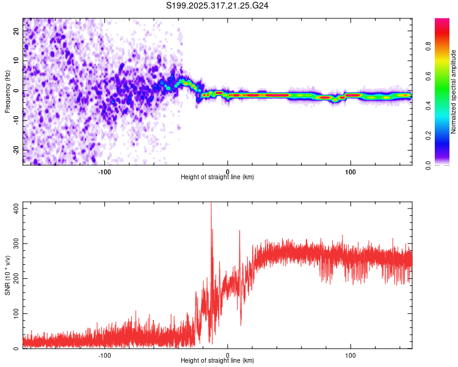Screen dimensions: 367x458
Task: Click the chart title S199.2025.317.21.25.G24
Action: click(218, 6)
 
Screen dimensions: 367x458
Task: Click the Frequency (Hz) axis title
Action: click(7, 92)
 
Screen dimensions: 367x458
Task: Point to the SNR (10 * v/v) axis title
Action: click(7, 275)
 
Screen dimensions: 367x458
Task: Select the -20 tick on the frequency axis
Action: click(15, 150)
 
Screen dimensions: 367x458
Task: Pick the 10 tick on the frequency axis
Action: click(16, 61)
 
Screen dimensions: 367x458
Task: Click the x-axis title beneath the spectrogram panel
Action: click(217, 177)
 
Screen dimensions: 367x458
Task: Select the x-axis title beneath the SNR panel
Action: click(217, 361)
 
